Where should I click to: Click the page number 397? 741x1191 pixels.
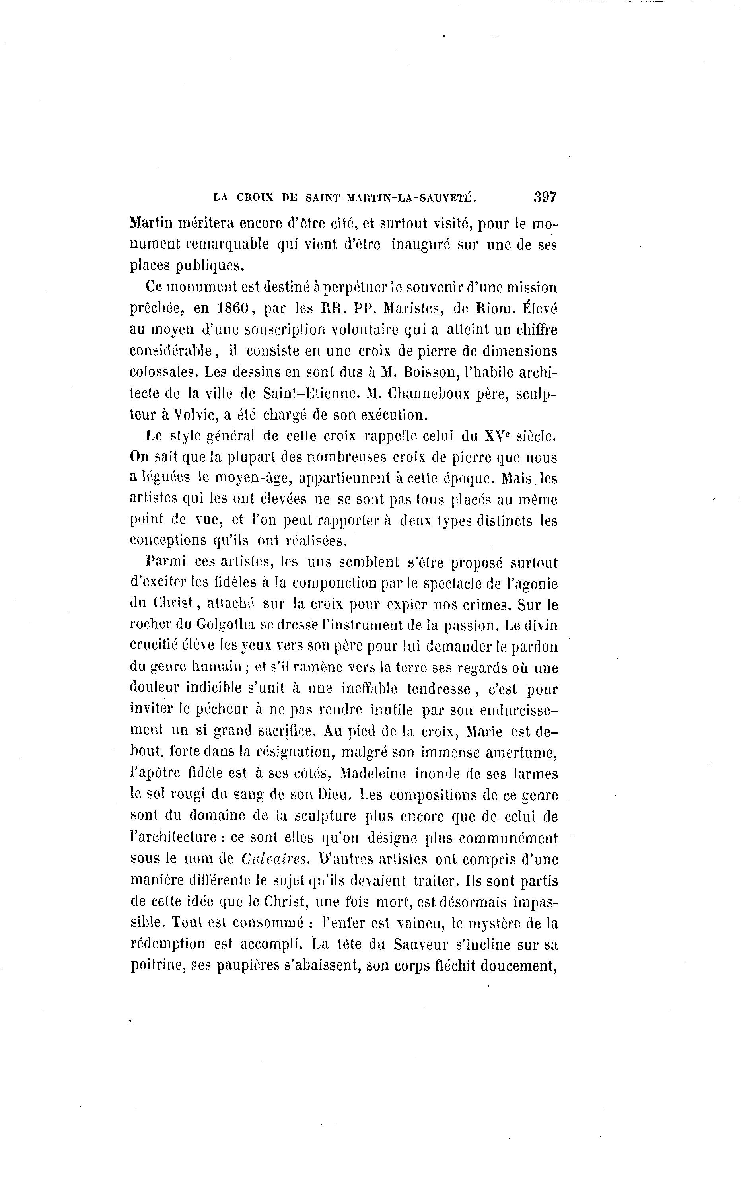pyautogui.click(x=545, y=197)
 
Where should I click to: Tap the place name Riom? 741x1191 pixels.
pyautogui.click(x=492, y=309)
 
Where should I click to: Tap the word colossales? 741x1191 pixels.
pyautogui.click(x=162, y=372)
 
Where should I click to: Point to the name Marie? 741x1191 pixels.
pyautogui.click(x=484, y=732)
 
